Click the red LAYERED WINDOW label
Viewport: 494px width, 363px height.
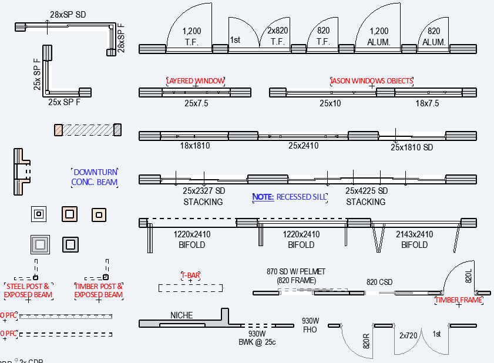coord(196,80)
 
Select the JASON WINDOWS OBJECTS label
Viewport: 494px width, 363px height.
coord(372,80)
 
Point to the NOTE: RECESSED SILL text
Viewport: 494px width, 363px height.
coord(289,197)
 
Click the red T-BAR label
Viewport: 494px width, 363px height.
coord(190,275)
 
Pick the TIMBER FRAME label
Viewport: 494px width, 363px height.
coord(458,300)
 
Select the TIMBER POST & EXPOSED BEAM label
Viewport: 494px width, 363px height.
coord(99,290)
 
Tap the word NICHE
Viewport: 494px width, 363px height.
coord(182,315)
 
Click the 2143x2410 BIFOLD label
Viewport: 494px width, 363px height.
coord(415,240)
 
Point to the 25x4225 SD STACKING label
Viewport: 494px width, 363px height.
coord(366,196)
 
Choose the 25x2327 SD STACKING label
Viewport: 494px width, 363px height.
coord(203,196)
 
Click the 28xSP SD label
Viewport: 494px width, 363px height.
coord(68,14)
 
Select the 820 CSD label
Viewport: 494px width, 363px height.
coord(379,282)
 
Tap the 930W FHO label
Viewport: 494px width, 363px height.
coord(310,325)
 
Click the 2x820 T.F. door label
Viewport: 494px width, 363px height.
coord(278,36)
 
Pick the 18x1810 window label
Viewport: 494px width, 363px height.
coord(196,145)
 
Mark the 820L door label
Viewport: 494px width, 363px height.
coord(469,276)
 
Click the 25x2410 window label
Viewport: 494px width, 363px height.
coord(303,145)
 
